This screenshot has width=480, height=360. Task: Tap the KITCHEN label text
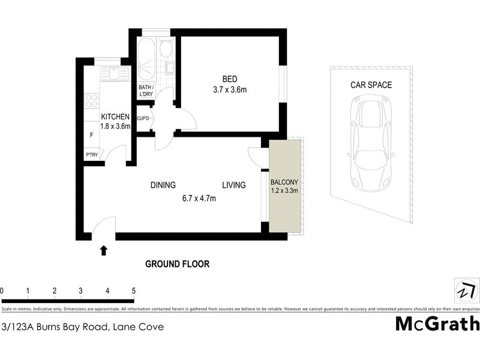click(x=115, y=116)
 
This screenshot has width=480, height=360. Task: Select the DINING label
click(x=163, y=185)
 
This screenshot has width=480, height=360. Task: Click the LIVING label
click(x=233, y=185)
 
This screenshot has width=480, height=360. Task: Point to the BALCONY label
click(x=284, y=182)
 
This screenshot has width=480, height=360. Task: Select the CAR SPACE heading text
click(x=371, y=85)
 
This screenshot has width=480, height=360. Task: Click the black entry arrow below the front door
click(x=104, y=250)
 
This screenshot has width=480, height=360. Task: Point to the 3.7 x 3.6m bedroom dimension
click(x=230, y=90)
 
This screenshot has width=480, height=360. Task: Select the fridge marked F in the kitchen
click(x=91, y=135)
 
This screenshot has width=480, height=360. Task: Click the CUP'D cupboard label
click(x=143, y=119)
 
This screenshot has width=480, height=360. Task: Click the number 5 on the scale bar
click(x=133, y=291)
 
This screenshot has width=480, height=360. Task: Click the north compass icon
click(x=466, y=291)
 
